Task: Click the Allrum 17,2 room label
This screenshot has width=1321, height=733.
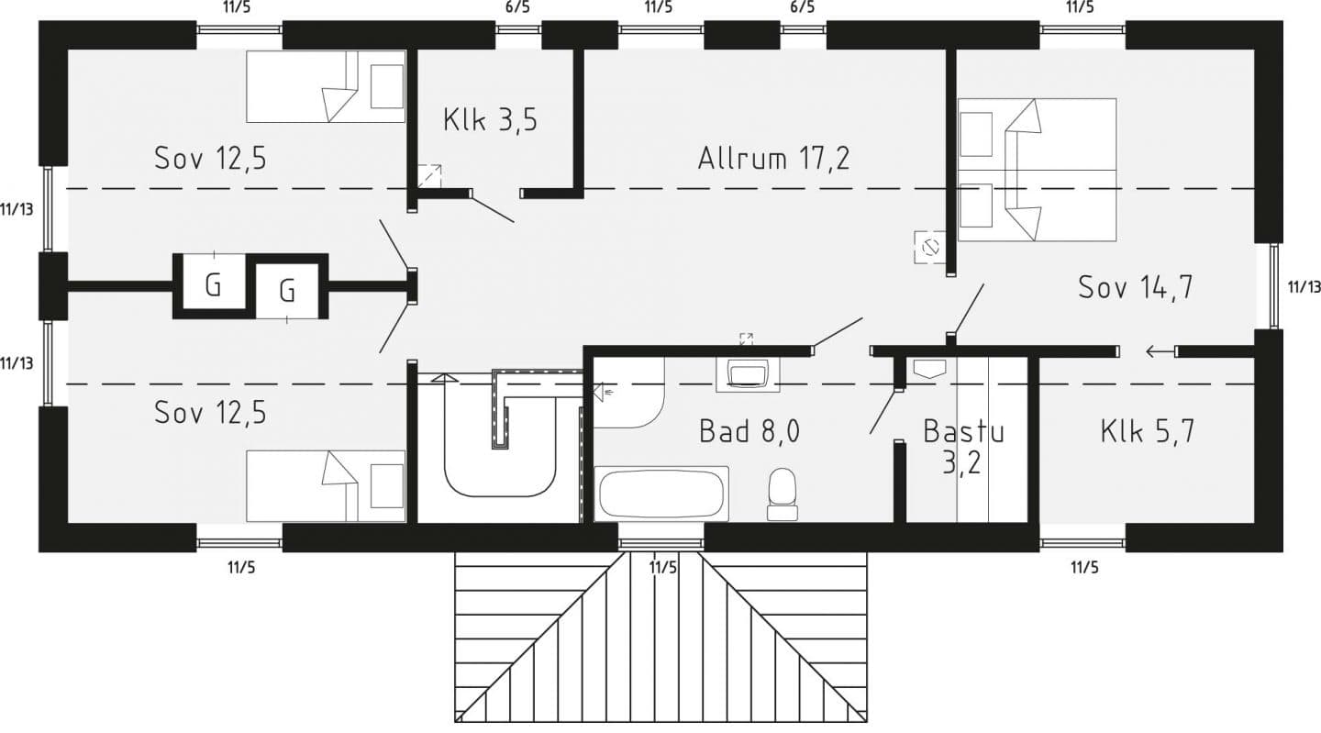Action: [x=773, y=158]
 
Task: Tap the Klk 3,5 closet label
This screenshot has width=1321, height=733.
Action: [x=490, y=120]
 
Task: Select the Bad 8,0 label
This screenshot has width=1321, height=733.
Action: [x=749, y=430]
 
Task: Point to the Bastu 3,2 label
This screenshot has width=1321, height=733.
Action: [x=962, y=446]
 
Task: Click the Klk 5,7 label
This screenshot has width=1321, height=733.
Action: [x=1147, y=430]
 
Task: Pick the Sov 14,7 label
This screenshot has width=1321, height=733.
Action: [x=1135, y=287]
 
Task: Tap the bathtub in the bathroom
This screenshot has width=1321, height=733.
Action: [x=662, y=494]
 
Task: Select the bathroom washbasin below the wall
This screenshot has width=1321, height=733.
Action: [x=748, y=374]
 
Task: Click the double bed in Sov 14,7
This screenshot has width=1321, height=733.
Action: [x=1037, y=170]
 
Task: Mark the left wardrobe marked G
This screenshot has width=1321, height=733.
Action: [x=213, y=284]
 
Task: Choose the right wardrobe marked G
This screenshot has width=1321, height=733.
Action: [x=287, y=292]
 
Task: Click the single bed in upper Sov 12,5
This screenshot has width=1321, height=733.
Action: [x=326, y=86]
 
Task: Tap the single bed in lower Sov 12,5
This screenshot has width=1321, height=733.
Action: [x=326, y=485]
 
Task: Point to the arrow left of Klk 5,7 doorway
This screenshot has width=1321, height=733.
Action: [x=1160, y=350]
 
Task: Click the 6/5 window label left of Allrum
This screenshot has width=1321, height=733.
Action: [x=517, y=8]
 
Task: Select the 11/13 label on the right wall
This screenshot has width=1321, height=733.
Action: [x=1304, y=287]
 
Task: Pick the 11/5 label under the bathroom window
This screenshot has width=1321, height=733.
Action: [x=662, y=567]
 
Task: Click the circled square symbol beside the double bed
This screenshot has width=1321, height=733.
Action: [x=930, y=247]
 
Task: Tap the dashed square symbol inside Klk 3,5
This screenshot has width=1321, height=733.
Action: [x=428, y=175]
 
